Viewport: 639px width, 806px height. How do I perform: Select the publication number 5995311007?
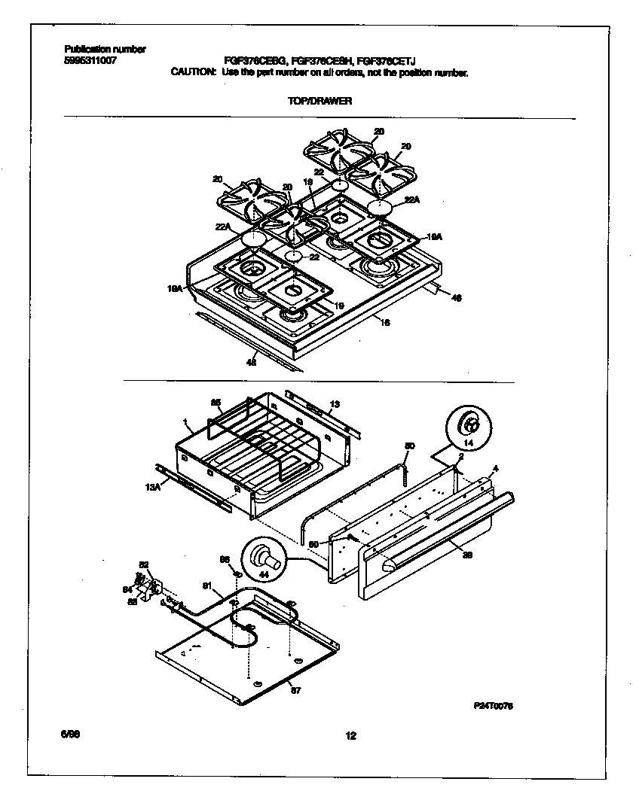pos(90,59)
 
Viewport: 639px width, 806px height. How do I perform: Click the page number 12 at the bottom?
pos(350,736)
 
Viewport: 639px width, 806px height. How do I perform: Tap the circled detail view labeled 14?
pos(467,426)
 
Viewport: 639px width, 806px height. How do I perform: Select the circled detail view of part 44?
pos(263,561)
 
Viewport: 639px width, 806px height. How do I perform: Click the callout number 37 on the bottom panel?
pos(295,691)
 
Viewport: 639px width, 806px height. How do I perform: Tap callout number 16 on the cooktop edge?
pos(385,321)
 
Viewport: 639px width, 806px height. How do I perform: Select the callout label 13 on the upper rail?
pos(335,404)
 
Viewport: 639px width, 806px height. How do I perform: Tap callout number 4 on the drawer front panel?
pos(495,469)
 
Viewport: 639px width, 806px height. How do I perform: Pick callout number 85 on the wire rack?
pos(216,403)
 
